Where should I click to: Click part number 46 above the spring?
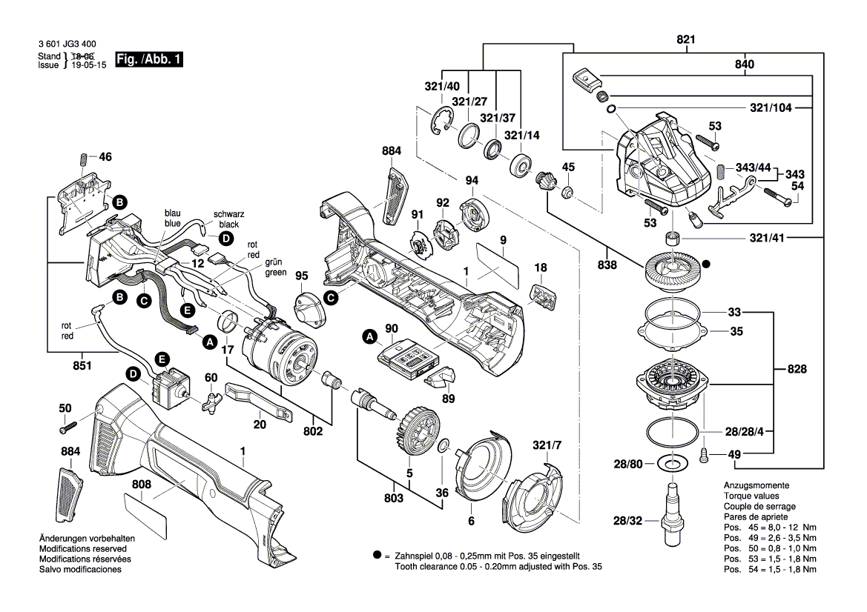pyautogui.click(x=105, y=157)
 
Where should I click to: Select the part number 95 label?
pyautogui.click(x=301, y=276)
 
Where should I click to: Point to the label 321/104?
pyautogui.click(x=771, y=108)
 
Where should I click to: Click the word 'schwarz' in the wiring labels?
pyautogui.click(x=228, y=214)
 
